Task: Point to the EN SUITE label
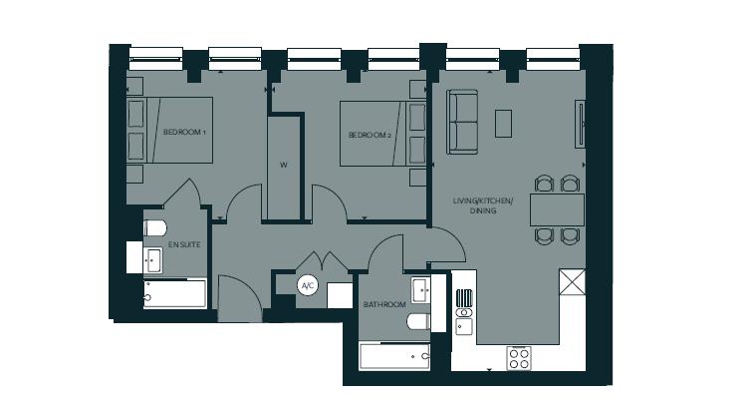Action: (x=182, y=244)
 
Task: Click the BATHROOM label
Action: (x=384, y=304)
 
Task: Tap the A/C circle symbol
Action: (x=308, y=285)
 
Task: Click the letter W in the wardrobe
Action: (x=283, y=166)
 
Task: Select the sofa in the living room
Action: (x=462, y=123)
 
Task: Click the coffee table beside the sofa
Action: (x=504, y=123)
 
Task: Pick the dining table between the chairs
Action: (x=556, y=209)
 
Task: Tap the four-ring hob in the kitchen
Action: (x=519, y=357)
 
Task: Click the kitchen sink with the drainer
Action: (x=464, y=310)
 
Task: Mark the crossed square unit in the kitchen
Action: (x=573, y=282)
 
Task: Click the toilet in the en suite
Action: (x=153, y=228)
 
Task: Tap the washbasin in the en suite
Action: (x=152, y=260)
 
